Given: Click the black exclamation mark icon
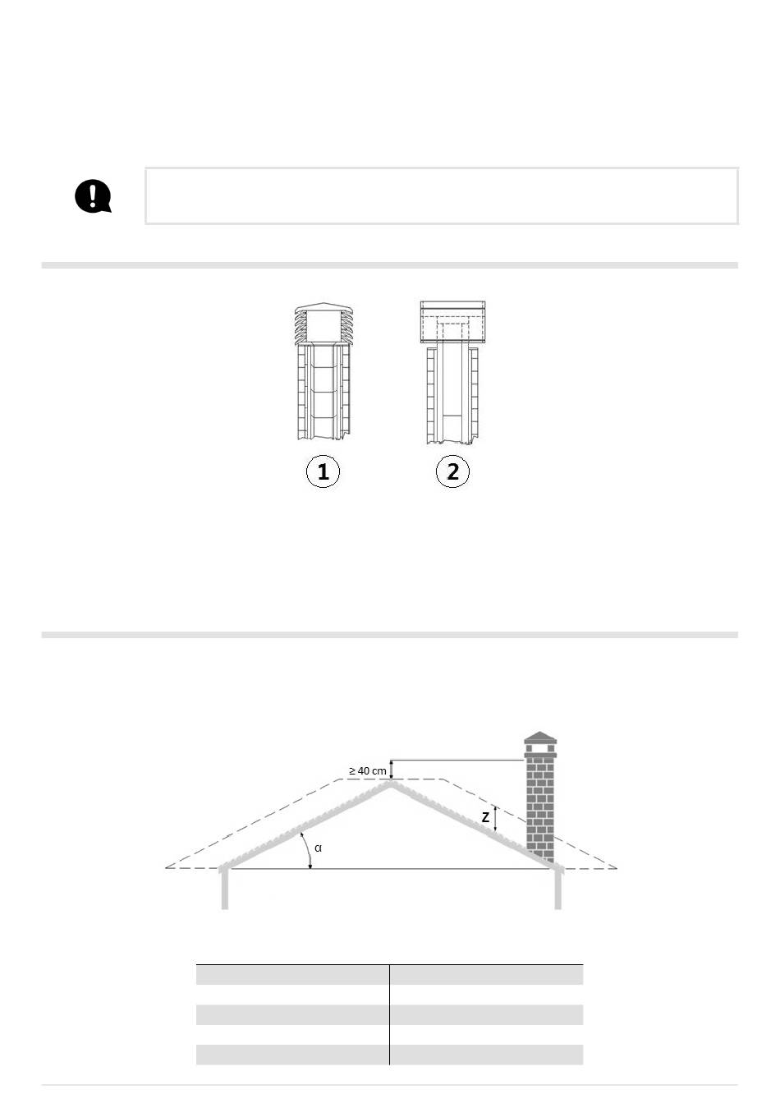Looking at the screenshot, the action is coord(93,196).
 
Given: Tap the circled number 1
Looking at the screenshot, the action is coord(323,471).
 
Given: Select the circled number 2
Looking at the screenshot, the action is coord(452,471).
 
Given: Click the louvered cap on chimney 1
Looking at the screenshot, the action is coord(324,324).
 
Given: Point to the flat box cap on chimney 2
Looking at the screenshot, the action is coord(452,322).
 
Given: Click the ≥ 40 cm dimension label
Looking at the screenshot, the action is coord(367,771).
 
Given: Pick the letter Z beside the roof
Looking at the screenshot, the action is coord(485,817).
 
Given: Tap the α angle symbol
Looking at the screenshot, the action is coord(319,848).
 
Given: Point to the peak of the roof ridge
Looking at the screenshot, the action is coord(390,782).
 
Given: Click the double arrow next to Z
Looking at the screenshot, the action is coord(495,818).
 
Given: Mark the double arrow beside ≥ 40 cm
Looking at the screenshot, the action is coord(392,770).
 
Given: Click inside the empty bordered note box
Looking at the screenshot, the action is coord(442,196).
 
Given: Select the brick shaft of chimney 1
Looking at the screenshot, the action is coord(324,393).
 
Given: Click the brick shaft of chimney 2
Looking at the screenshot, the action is coord(452,394).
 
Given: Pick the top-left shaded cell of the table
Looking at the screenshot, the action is coord(292,975).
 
